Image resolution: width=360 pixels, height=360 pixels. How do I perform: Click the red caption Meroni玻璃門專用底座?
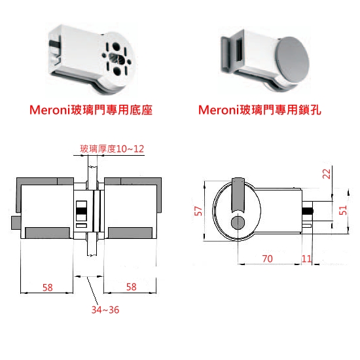pyautogui.click(x=91, y=110)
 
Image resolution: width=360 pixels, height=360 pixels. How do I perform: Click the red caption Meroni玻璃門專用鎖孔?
pyautogui.click(x=260, y=110)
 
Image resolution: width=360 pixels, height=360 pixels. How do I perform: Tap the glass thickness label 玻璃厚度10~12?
pyautogui.click(x=112, y=149)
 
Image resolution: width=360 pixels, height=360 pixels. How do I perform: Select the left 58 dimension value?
pyautogui.click(x=48, y=287)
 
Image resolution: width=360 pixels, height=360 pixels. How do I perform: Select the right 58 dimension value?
pyautogui.click(x=132, y=287)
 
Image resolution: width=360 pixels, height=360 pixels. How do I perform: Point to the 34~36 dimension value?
pyautogui.click(x=105, y=310)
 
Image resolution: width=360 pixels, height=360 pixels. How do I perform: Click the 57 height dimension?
pyautogui.click(x=198, y=211)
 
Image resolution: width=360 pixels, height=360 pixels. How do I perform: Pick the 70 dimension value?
pyautogui.click(x=268, y=259)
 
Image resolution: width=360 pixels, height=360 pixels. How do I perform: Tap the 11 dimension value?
pyautogui.click(x=306, y=259)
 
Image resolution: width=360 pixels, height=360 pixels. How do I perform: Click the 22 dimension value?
pyautogui.click(x=327, y=174)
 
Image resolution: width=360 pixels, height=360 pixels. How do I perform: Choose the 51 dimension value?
pyautogui.click(x=343, y=210)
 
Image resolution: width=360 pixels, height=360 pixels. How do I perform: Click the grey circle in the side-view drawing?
pyautogui.click(x=238, y=223)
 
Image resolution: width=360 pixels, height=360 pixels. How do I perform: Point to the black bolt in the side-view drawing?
pyautogui.click(x=308, y=211)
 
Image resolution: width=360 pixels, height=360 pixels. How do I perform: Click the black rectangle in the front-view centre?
pyautogui.click(x=81, y=211)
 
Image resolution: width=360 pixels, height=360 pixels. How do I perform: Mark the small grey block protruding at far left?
pyautogui.click(x=16, y=223)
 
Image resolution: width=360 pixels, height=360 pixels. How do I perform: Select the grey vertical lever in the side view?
pyautogui.click(x=238, y=194)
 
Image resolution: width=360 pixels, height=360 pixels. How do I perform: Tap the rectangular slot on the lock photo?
pyautogui.click(x=239, y=50)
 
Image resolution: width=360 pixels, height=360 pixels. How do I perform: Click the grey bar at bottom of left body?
pyautogui.click(x=47, y=233)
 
